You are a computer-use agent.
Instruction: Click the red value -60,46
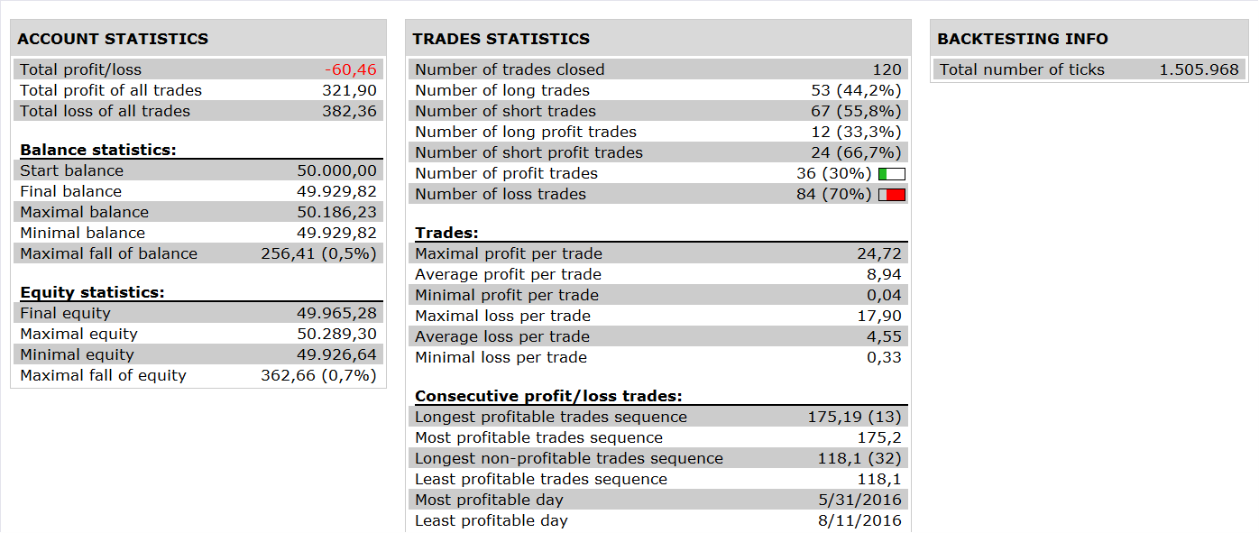[x=351, y=69]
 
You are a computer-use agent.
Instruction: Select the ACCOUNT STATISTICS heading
[x=113, y=38]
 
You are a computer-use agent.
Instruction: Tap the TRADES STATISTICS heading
[x=501, y=38]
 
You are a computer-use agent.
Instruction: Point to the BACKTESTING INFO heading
[x=1023, y=38]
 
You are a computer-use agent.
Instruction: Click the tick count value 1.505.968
[x=1199, y=69]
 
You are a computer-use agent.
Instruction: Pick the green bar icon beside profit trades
[x=892, y=174]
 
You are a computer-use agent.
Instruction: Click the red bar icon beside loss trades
[x=892, y=195]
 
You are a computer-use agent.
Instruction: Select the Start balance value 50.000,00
[x=336, y=170]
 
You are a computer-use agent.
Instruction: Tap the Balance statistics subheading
[x=97, y=150]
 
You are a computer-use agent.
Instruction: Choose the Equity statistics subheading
[x=92, y=292]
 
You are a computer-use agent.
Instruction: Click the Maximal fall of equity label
[x=103, y=375]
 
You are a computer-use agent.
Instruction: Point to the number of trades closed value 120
[x=887, y=69]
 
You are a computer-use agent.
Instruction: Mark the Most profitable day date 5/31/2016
[x=860, y=500]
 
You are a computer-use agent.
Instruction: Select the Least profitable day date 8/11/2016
[x=860, y=520]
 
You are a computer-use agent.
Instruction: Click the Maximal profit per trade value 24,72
[x=879, y=253]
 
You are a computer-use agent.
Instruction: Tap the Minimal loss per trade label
[x=501, y=357]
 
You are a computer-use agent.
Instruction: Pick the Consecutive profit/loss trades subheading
[x=548, y=397]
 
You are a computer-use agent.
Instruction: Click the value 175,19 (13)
[x=854, y=418]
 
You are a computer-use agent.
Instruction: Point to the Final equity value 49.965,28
[x=336, y=313]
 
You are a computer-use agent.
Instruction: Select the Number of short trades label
[x=505, y=111]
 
